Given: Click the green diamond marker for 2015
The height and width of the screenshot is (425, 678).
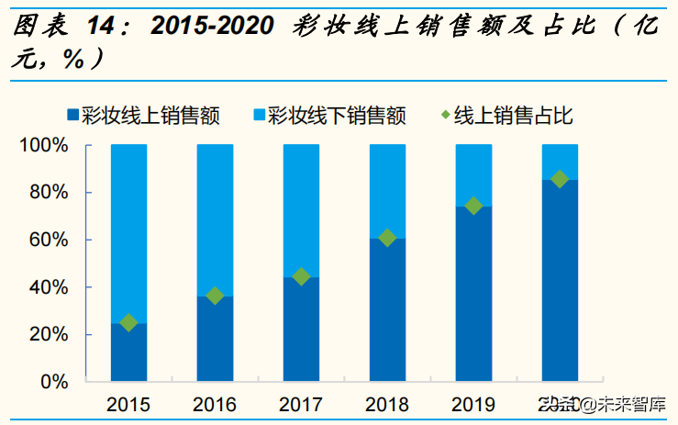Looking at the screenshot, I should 128,322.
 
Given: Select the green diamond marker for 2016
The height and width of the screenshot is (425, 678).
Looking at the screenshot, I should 215,296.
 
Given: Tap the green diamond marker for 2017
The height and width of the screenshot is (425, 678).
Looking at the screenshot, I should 301,276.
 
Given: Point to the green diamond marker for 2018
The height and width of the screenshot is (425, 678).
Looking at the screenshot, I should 387,238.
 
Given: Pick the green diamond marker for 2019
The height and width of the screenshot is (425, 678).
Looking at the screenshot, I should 473,206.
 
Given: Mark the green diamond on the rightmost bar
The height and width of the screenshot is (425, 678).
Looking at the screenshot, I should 560,179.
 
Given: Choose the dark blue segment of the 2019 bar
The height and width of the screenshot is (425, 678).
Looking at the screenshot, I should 473,294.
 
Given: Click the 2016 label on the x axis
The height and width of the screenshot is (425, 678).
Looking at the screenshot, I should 215,405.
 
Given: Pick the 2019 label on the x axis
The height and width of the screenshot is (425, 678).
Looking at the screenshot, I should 473,405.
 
